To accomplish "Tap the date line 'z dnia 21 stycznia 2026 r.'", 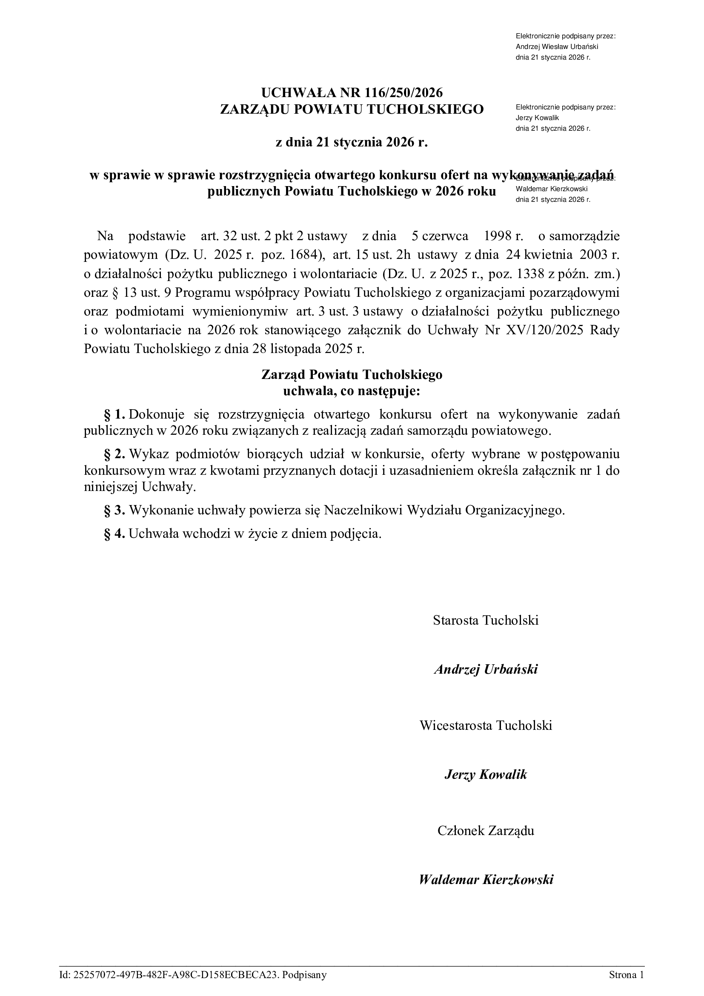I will pos(352,142).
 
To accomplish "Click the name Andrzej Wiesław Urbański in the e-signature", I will pos(557,47).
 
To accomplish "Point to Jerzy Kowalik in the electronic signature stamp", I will pos(537,118).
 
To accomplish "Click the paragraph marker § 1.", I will pos(114,414).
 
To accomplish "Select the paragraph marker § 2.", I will pos(114,454).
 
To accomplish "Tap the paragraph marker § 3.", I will pos(114,510).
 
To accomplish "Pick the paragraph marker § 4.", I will pos(114,533).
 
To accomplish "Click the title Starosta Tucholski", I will pos(486,620).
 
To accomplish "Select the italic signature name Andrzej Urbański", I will pos(486,669).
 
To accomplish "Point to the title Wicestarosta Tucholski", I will pos(486,725).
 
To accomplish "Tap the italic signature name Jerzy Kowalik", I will pos(486,774).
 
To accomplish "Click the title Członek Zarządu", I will pos(486,830).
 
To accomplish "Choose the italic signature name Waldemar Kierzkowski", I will pos(486,879).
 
